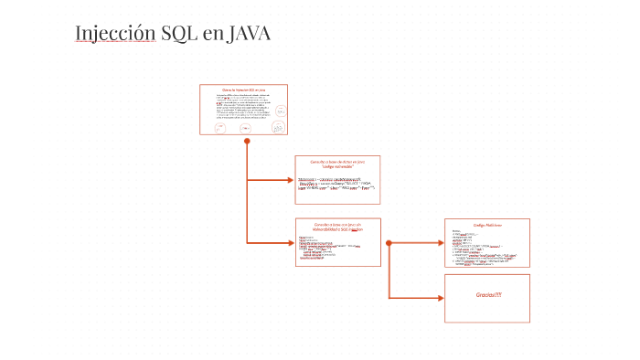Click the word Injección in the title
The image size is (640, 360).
coord(114,35)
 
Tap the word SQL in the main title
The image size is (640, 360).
coord(179,35)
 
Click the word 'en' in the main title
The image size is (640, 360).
coord(213,36)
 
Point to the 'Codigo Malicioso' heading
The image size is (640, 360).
coord(487,224)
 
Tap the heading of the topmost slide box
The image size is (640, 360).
coord(243,90)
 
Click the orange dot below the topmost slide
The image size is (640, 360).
coord(247,142)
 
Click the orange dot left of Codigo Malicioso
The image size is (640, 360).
coord(389,243)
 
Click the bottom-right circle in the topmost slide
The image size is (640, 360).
coord(275,128)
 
